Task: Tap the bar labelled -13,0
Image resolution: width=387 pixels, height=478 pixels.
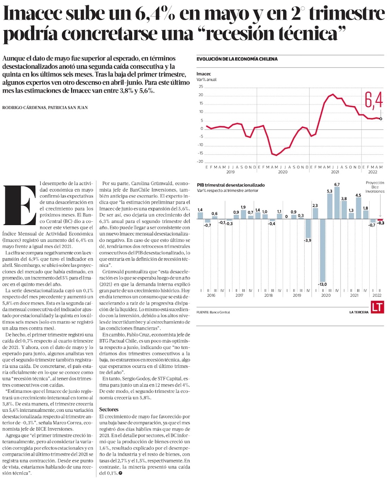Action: tap(322, 250)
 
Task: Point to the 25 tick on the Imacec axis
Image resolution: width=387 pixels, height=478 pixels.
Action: tap(201, 86)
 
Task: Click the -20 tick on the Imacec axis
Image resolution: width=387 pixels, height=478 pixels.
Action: tap(200, 161)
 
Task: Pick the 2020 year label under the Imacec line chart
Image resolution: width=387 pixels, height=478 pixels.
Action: tap(283, 172)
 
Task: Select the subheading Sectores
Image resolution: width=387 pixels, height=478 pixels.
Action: tap(109, 409)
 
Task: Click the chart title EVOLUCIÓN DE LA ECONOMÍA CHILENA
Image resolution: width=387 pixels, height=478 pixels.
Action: tap(237, 59)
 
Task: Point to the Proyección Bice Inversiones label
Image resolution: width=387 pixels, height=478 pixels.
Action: tap(375, 187)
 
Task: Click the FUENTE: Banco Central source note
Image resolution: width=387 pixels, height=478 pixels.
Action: tap(213, 312)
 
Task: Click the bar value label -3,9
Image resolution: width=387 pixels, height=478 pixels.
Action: tap(308, 241)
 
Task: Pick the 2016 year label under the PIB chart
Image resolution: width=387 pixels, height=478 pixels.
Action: tap(211, 295)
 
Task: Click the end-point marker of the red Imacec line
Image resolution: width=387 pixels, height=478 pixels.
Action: tap(381, 119)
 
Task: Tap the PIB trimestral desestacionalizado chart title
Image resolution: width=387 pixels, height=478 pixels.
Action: tap(231, 185)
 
